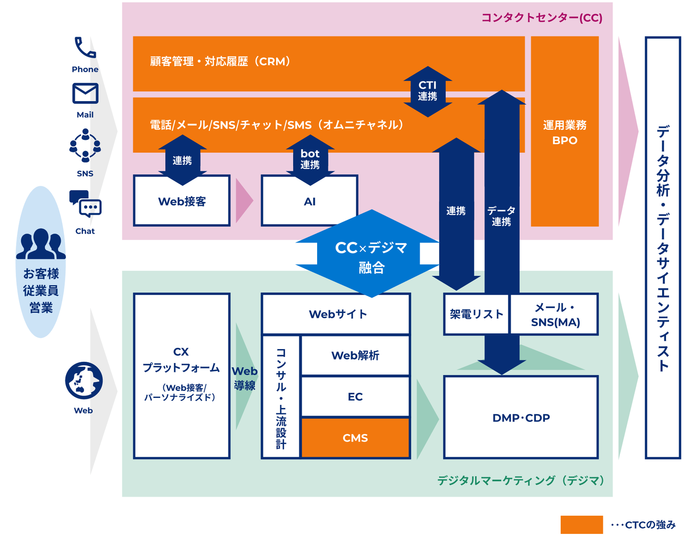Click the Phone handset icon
click(x=85, y=48)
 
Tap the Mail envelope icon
click(x=85, y=93)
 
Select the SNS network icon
click(x=85, y=145)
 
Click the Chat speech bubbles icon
click(x=85, y=204)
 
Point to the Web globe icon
click(x=84, y=381)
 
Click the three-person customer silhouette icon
click(x=41, y=244)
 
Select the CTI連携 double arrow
click(x=428, y=92)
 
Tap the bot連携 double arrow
click(x=310, y=160)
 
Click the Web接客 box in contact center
click(x=182, y=201)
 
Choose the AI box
click(x=309, y=201)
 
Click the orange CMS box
click(x=355, y=438)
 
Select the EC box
click(x=355, y=397)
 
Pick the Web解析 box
click(x=355, y=355)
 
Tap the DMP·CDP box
click(x=521, y=417)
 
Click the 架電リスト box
click(x=476, y=314)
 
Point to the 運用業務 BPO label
click(x=565, y=133)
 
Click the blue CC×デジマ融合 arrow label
click(x=371, y=257)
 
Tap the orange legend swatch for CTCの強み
click(x=582, y=524)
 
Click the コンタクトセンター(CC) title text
click(x=542, y=17)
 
